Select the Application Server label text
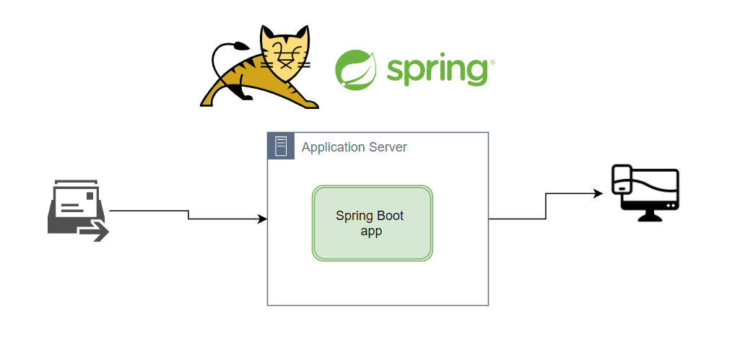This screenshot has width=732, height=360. (354, 147)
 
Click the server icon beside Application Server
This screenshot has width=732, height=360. (281, 146)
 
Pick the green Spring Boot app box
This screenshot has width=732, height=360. (372, 223)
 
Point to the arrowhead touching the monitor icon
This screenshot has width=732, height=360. (598, 193)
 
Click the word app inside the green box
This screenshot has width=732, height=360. (371, 231)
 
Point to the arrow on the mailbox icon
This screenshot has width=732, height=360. (95, 231)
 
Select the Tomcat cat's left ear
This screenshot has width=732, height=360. (269, 32)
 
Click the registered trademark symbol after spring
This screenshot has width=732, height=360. (492, 63)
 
